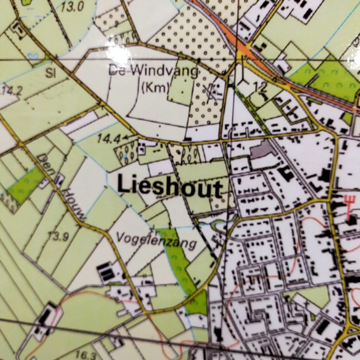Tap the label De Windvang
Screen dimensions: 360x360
click(x=154, y=71)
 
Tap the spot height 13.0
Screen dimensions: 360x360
click(x=72, y=7)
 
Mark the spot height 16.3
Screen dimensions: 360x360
click(x=86, y=355)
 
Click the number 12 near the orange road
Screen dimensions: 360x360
click(x=262, y=87)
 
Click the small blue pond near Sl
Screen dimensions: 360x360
click(x=34, y=56)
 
